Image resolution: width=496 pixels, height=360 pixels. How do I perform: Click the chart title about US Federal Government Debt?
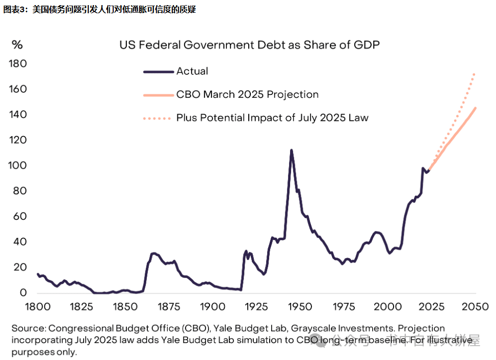(x=250, y=45)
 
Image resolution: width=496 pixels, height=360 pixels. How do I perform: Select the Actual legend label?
(x=192, y=71)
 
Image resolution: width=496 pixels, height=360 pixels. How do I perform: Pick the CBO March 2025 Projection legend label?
(x=247, y=94)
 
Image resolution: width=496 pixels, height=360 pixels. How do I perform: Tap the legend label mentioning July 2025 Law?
(x=272, y=118)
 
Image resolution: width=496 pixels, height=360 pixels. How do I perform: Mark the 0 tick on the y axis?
(x=23, y=293)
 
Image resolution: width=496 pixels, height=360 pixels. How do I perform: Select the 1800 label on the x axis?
(x=38, y=306)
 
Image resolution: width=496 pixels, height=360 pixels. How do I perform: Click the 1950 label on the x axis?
(x=300, y=306)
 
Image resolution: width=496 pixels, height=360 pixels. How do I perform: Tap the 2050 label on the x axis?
(x=475, y=306)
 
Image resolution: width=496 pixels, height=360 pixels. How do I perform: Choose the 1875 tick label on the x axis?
(x=169, y=306)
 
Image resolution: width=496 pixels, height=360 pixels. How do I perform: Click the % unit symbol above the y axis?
(x=17, y=45)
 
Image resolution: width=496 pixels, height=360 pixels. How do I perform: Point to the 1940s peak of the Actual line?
(x=291, y=150)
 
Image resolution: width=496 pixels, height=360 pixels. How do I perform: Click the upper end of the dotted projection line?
(x=475, y=74)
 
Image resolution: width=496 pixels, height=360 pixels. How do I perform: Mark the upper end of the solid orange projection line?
(x=475, y=108)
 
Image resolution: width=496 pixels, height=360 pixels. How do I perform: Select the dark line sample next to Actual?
(x=159, y=72)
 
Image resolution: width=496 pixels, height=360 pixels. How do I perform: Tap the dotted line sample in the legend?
(x=159, y=118)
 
